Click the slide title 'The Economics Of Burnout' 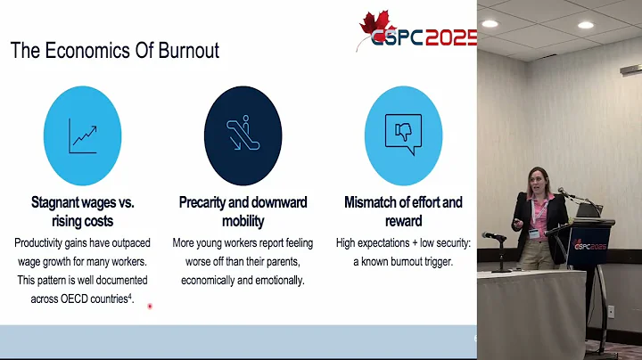pyautogui.click(x=115, y=50)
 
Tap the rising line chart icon pyautogui.click(x=82, y=135)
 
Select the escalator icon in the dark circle pyautogui.click(x=243, y=135)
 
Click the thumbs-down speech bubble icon pyautogui.click(x=402, y=135)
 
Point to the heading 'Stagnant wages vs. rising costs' pyautogui.click(x=83, y=211)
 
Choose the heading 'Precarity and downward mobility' pyautogui.click(x=243, y=211)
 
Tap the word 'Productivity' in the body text pyautogui.click(x=45, y=242)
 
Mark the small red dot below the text pyautogui.click(x=150, y=307)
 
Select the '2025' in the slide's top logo pyautogui.click(x=449, y=38)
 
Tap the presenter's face pyautogui.click(x=540, y=183)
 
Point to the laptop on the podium pyautogui.click(x=589, y=211)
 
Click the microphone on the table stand pyautogui.click(x=493, y=235)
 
